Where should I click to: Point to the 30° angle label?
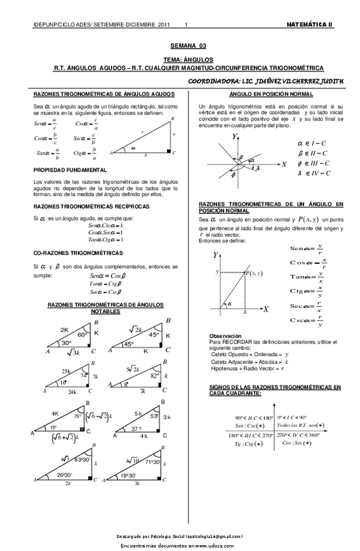66,342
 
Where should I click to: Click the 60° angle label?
83,335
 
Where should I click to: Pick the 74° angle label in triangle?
84,376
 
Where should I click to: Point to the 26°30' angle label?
64,474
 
